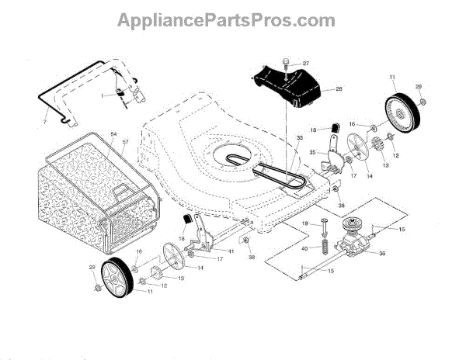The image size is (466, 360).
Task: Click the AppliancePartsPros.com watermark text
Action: (233, 19)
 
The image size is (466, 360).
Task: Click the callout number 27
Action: (305, 63)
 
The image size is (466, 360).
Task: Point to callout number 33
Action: (276, 137)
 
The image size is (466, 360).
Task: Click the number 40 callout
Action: (305, 248)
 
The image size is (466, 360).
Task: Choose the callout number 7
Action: (43, 123)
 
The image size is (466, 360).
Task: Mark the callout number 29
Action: (92, 268)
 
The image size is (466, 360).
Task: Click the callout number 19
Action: (304, 223)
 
